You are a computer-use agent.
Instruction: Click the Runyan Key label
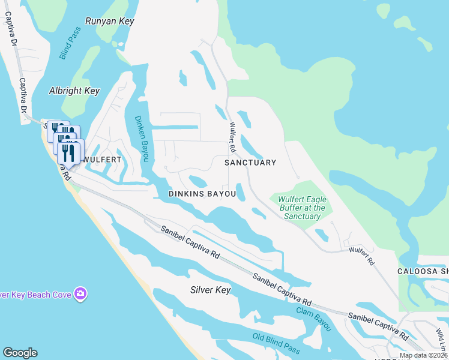pos(109,21)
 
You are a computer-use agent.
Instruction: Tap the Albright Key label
pos(74,91)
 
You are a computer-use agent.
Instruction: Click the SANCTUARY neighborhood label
pos(250,163)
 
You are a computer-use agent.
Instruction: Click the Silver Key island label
pos(210,290)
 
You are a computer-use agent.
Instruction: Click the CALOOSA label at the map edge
pos(423,271)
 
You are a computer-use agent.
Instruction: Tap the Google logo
pos(20,353)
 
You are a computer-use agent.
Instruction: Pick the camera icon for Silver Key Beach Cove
pos(80,294)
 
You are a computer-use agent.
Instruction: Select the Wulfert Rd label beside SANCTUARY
pos(231,137)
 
